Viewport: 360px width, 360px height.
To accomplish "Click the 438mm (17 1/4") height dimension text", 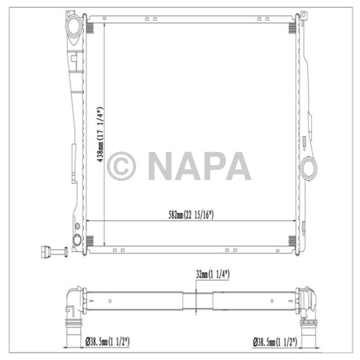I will [x=100, y=135].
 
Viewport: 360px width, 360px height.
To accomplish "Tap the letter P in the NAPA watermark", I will [x=213, y=166].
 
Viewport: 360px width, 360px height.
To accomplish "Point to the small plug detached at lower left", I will [x=52, y=251].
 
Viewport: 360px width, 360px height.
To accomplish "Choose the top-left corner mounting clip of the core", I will [x=89, y=24].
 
